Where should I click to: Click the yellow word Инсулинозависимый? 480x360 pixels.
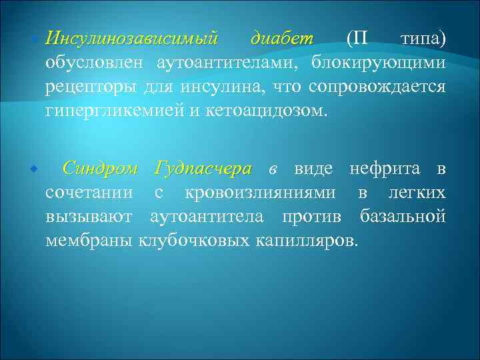(131, 39)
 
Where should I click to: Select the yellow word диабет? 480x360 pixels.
(282, 39)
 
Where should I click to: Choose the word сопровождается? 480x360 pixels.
(377, 87)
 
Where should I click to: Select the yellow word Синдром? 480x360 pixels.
(100, 169)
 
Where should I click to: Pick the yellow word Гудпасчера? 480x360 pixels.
(203, 169)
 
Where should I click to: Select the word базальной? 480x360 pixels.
(402, 217)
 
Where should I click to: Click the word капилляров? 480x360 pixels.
(307, 240)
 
